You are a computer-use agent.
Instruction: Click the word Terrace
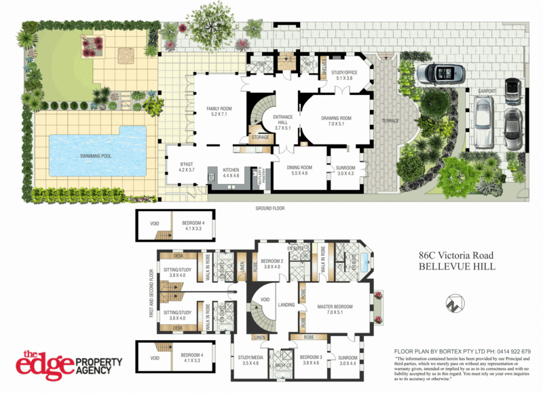[x=390, y=121]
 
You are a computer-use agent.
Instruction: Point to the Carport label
[x=487, y=91]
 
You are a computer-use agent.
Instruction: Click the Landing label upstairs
[x=286, y=305]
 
